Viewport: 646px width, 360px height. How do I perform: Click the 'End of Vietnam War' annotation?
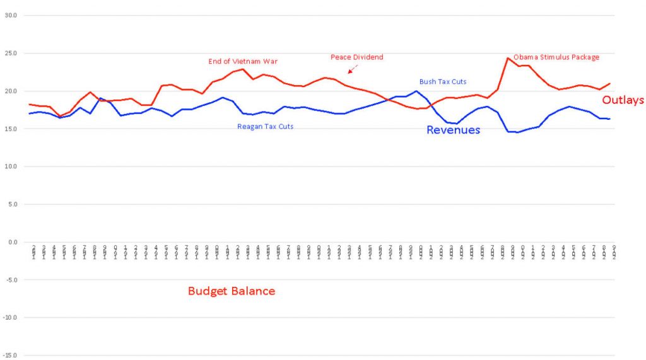(x=243, y=62)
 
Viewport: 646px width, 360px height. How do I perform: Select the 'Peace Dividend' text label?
(x=356, y=57)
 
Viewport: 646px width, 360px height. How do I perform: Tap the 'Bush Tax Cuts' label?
(x=443, y=82)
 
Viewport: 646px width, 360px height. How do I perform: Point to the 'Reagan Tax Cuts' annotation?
(x=265, y=127)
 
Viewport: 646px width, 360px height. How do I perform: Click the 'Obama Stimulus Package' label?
(x=556, y=57)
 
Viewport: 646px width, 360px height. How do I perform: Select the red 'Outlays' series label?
(x=623, y=100)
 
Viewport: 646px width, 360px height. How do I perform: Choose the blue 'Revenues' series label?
(x=453, y=130)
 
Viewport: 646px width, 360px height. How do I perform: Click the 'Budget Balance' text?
(x=232, y=291)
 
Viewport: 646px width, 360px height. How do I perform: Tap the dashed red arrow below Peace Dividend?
(x=353, y=69)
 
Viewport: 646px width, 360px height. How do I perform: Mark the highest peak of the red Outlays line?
(x=508, y=58)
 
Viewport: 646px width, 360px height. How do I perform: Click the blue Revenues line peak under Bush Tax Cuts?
(x=416, y=91)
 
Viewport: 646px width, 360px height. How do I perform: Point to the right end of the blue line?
(x=609, y=119)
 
